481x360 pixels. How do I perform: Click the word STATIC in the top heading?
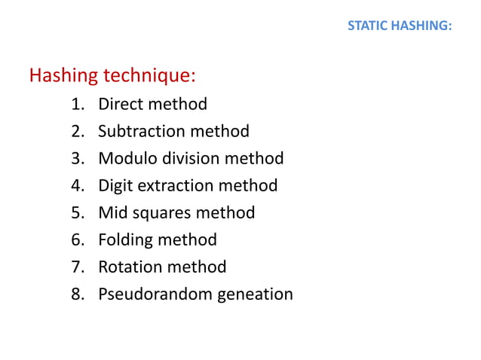[366, 26]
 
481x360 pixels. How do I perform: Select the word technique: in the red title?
[149, 75]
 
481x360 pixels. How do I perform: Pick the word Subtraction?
[142, 131]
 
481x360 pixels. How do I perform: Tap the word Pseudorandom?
[155, 294]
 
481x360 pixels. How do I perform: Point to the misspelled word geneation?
[256, 294]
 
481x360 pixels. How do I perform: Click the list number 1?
[77, 104]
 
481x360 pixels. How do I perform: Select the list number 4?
[77, 185]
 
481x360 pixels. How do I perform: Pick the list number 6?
[77, 239]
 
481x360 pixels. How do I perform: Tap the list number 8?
[77, 294]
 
